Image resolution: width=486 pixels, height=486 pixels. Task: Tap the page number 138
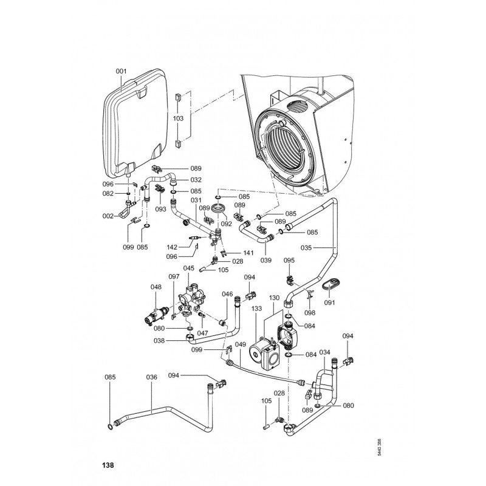point(108,465)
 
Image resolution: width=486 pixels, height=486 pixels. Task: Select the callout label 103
point(178,119)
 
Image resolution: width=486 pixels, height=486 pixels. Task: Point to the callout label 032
point(196,180)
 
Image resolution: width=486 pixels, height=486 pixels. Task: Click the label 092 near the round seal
point(227,224)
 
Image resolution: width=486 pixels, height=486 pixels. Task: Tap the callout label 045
point(189,268)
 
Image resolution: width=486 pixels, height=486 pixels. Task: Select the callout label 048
point(156,288)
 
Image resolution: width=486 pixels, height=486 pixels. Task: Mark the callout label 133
point(256,309)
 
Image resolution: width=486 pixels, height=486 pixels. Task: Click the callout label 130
point(274,298)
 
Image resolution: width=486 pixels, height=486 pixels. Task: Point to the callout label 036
point(151,377)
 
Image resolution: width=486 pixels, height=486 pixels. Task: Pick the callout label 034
point(325,352)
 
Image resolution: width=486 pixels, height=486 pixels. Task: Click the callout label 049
point(241,345)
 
